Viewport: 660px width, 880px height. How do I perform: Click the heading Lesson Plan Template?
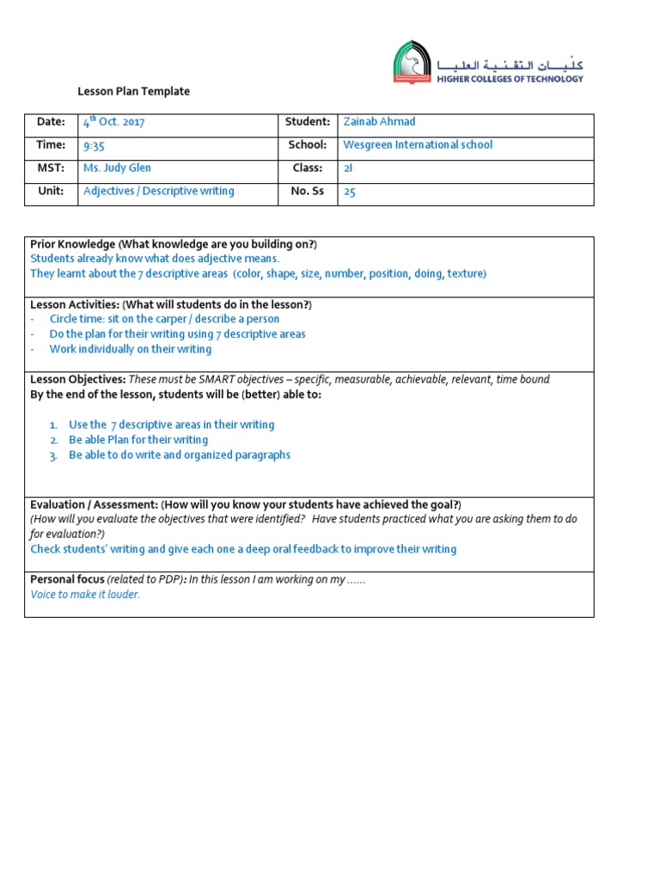point(133,91)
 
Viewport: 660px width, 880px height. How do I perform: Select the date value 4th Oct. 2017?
point(113,122)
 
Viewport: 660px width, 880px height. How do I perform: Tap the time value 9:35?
point(94,146)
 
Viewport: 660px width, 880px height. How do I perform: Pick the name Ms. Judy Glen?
point(117,168)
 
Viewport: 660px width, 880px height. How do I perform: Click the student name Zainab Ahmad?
point(379,122)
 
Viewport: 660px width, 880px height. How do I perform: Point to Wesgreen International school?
point(418,145)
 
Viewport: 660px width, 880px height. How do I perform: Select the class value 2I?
point(348,169)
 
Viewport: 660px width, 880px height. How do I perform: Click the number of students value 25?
point(349,192)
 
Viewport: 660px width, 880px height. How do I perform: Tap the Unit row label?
point(51,192)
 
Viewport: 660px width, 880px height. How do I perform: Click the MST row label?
point(51,168)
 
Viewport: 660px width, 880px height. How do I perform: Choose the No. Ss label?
point(307,192)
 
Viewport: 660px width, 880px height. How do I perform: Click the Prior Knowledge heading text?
point(72,244)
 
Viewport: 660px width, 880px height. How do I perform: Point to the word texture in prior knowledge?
point(465,273)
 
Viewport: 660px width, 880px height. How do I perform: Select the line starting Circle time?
point(164,319)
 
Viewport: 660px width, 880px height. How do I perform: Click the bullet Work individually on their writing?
point(130,349)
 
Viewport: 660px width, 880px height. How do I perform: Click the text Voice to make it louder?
point(85,595)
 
